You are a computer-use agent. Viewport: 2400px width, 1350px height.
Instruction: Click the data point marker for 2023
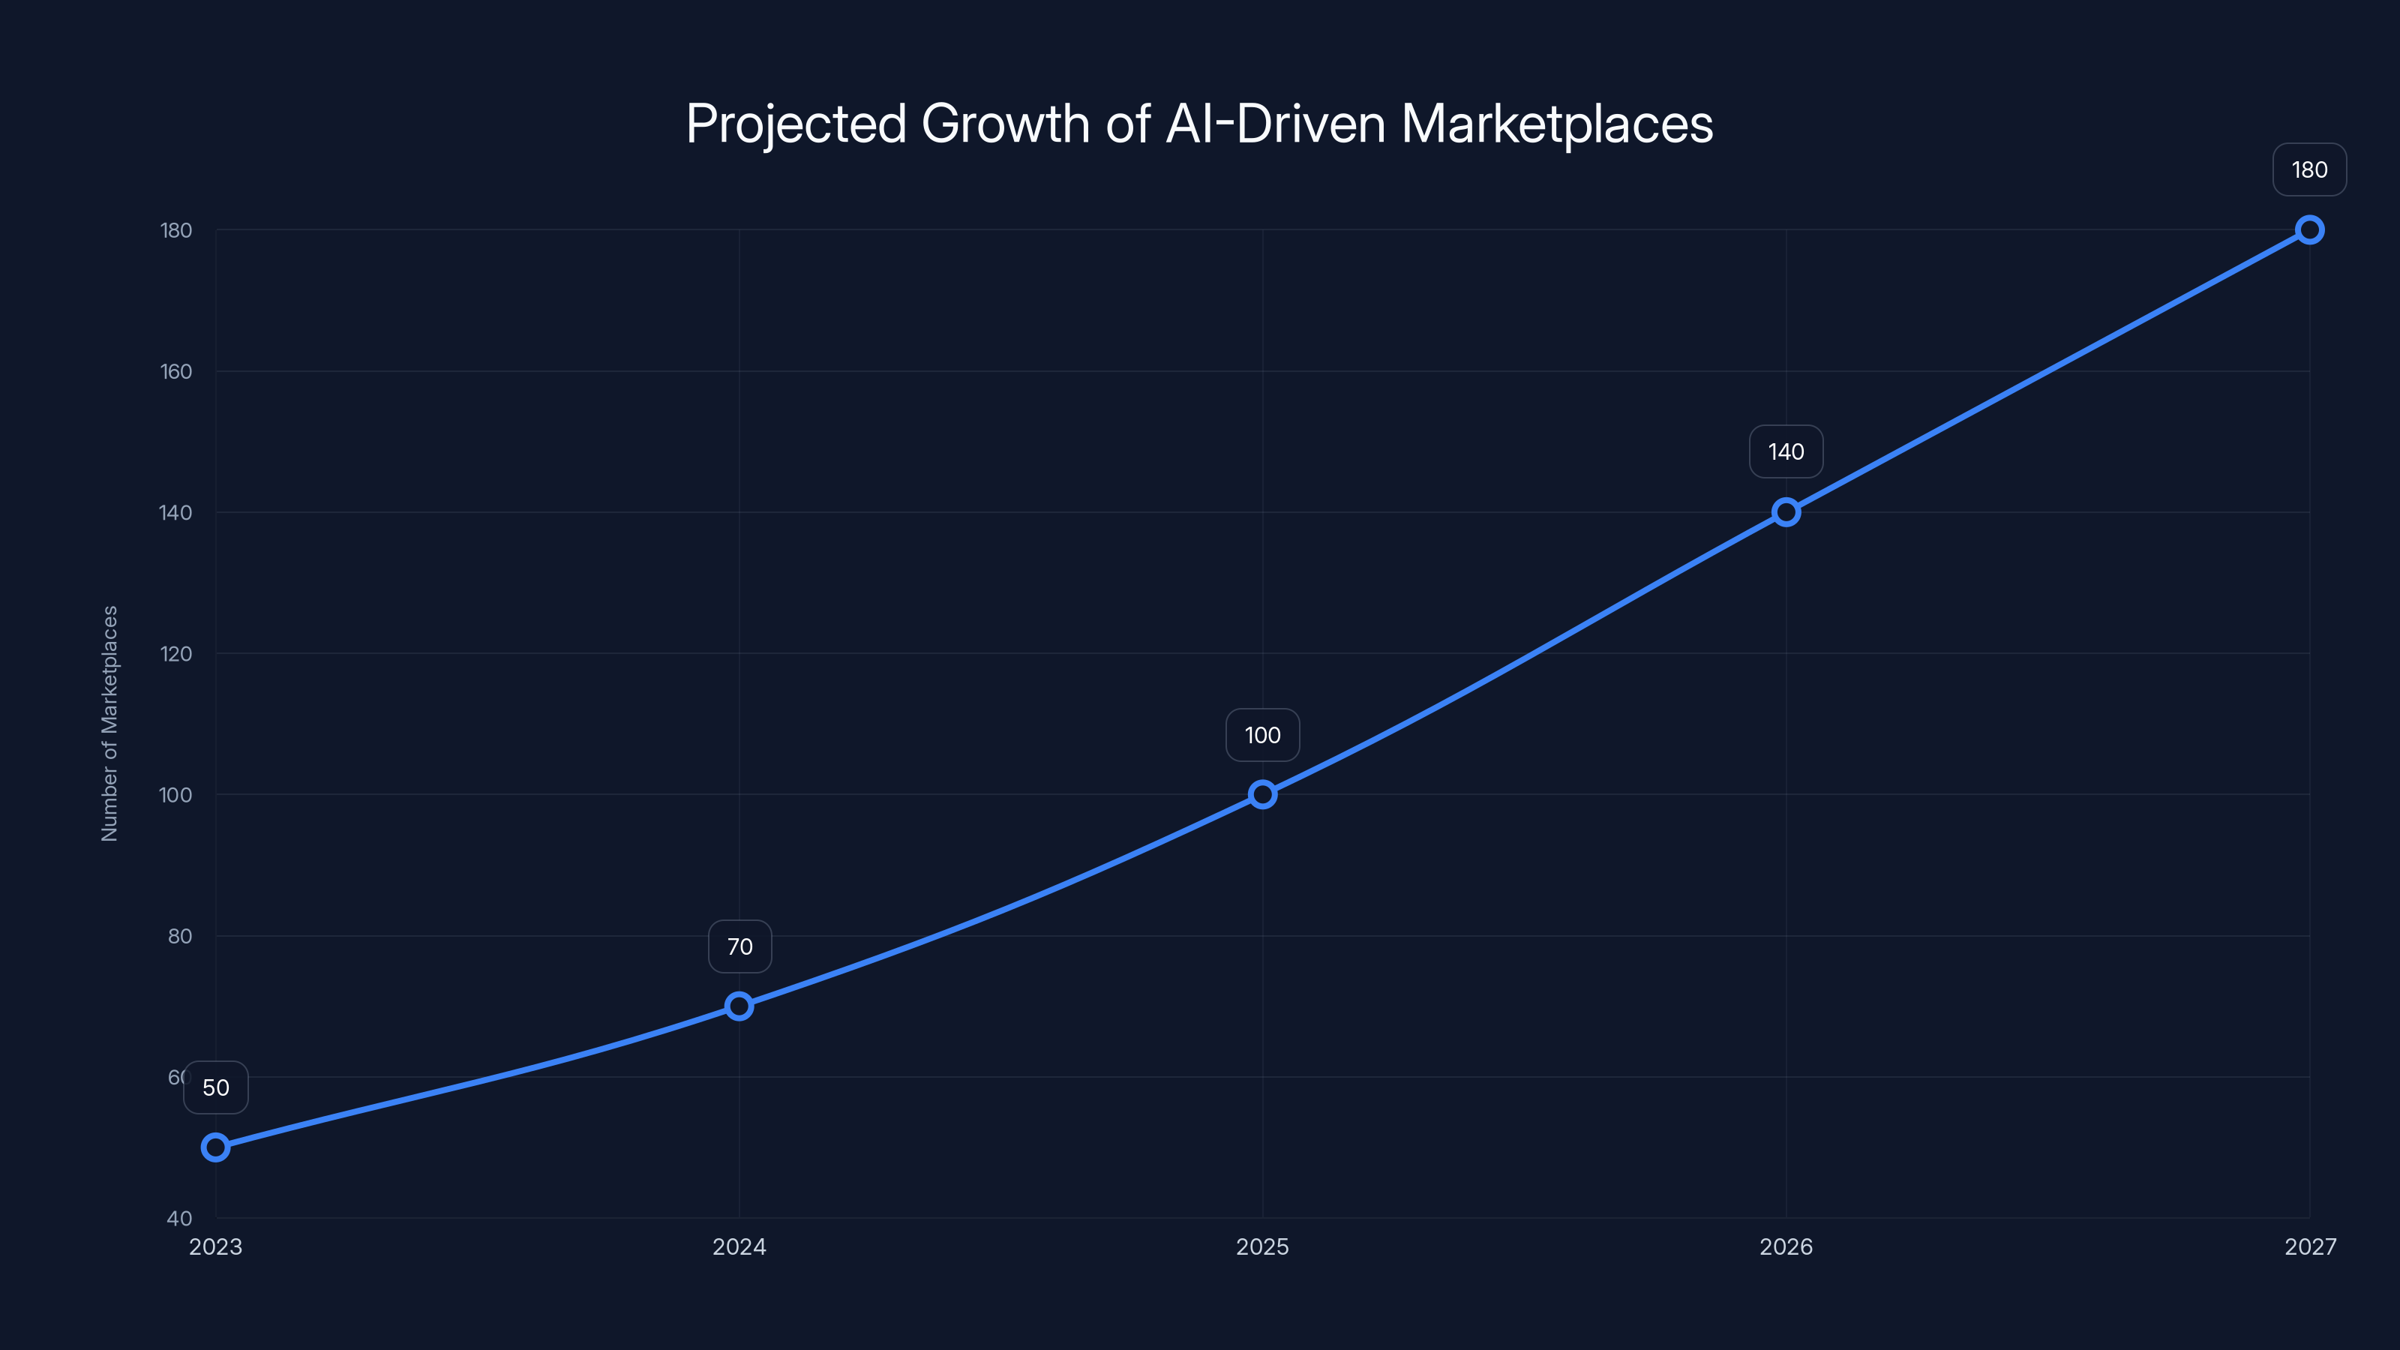click(x=215, y=1147)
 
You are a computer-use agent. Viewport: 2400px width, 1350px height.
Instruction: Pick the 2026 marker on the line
click(x=1786, y=512)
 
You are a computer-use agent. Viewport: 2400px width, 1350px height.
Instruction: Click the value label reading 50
click(x=215, y=1087)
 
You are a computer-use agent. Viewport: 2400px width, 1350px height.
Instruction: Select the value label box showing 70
click(x=739, y=946)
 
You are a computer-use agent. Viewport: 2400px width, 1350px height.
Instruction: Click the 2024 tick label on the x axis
click(x=739, y=1246)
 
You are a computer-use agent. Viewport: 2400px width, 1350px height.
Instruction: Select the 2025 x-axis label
click(x=1262, y=1246)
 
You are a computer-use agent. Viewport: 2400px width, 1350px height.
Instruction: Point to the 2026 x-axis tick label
click(x=1786, y=1246)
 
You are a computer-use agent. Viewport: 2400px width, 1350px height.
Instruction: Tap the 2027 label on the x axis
click(x=2310, y=1246)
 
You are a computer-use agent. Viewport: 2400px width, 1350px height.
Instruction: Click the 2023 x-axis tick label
click(x=215, y=1246)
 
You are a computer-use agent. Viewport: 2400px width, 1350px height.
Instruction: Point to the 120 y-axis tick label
click(x=176, y=654)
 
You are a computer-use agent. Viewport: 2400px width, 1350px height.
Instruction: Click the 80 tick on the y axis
click(x=180, y=936)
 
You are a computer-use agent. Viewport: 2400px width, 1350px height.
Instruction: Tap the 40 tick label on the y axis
click(x=180, y=1219)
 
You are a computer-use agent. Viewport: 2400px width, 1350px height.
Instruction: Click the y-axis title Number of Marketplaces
click(x=110, y=723)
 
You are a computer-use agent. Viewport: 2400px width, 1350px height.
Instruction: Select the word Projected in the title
click(x=796, y=124)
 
